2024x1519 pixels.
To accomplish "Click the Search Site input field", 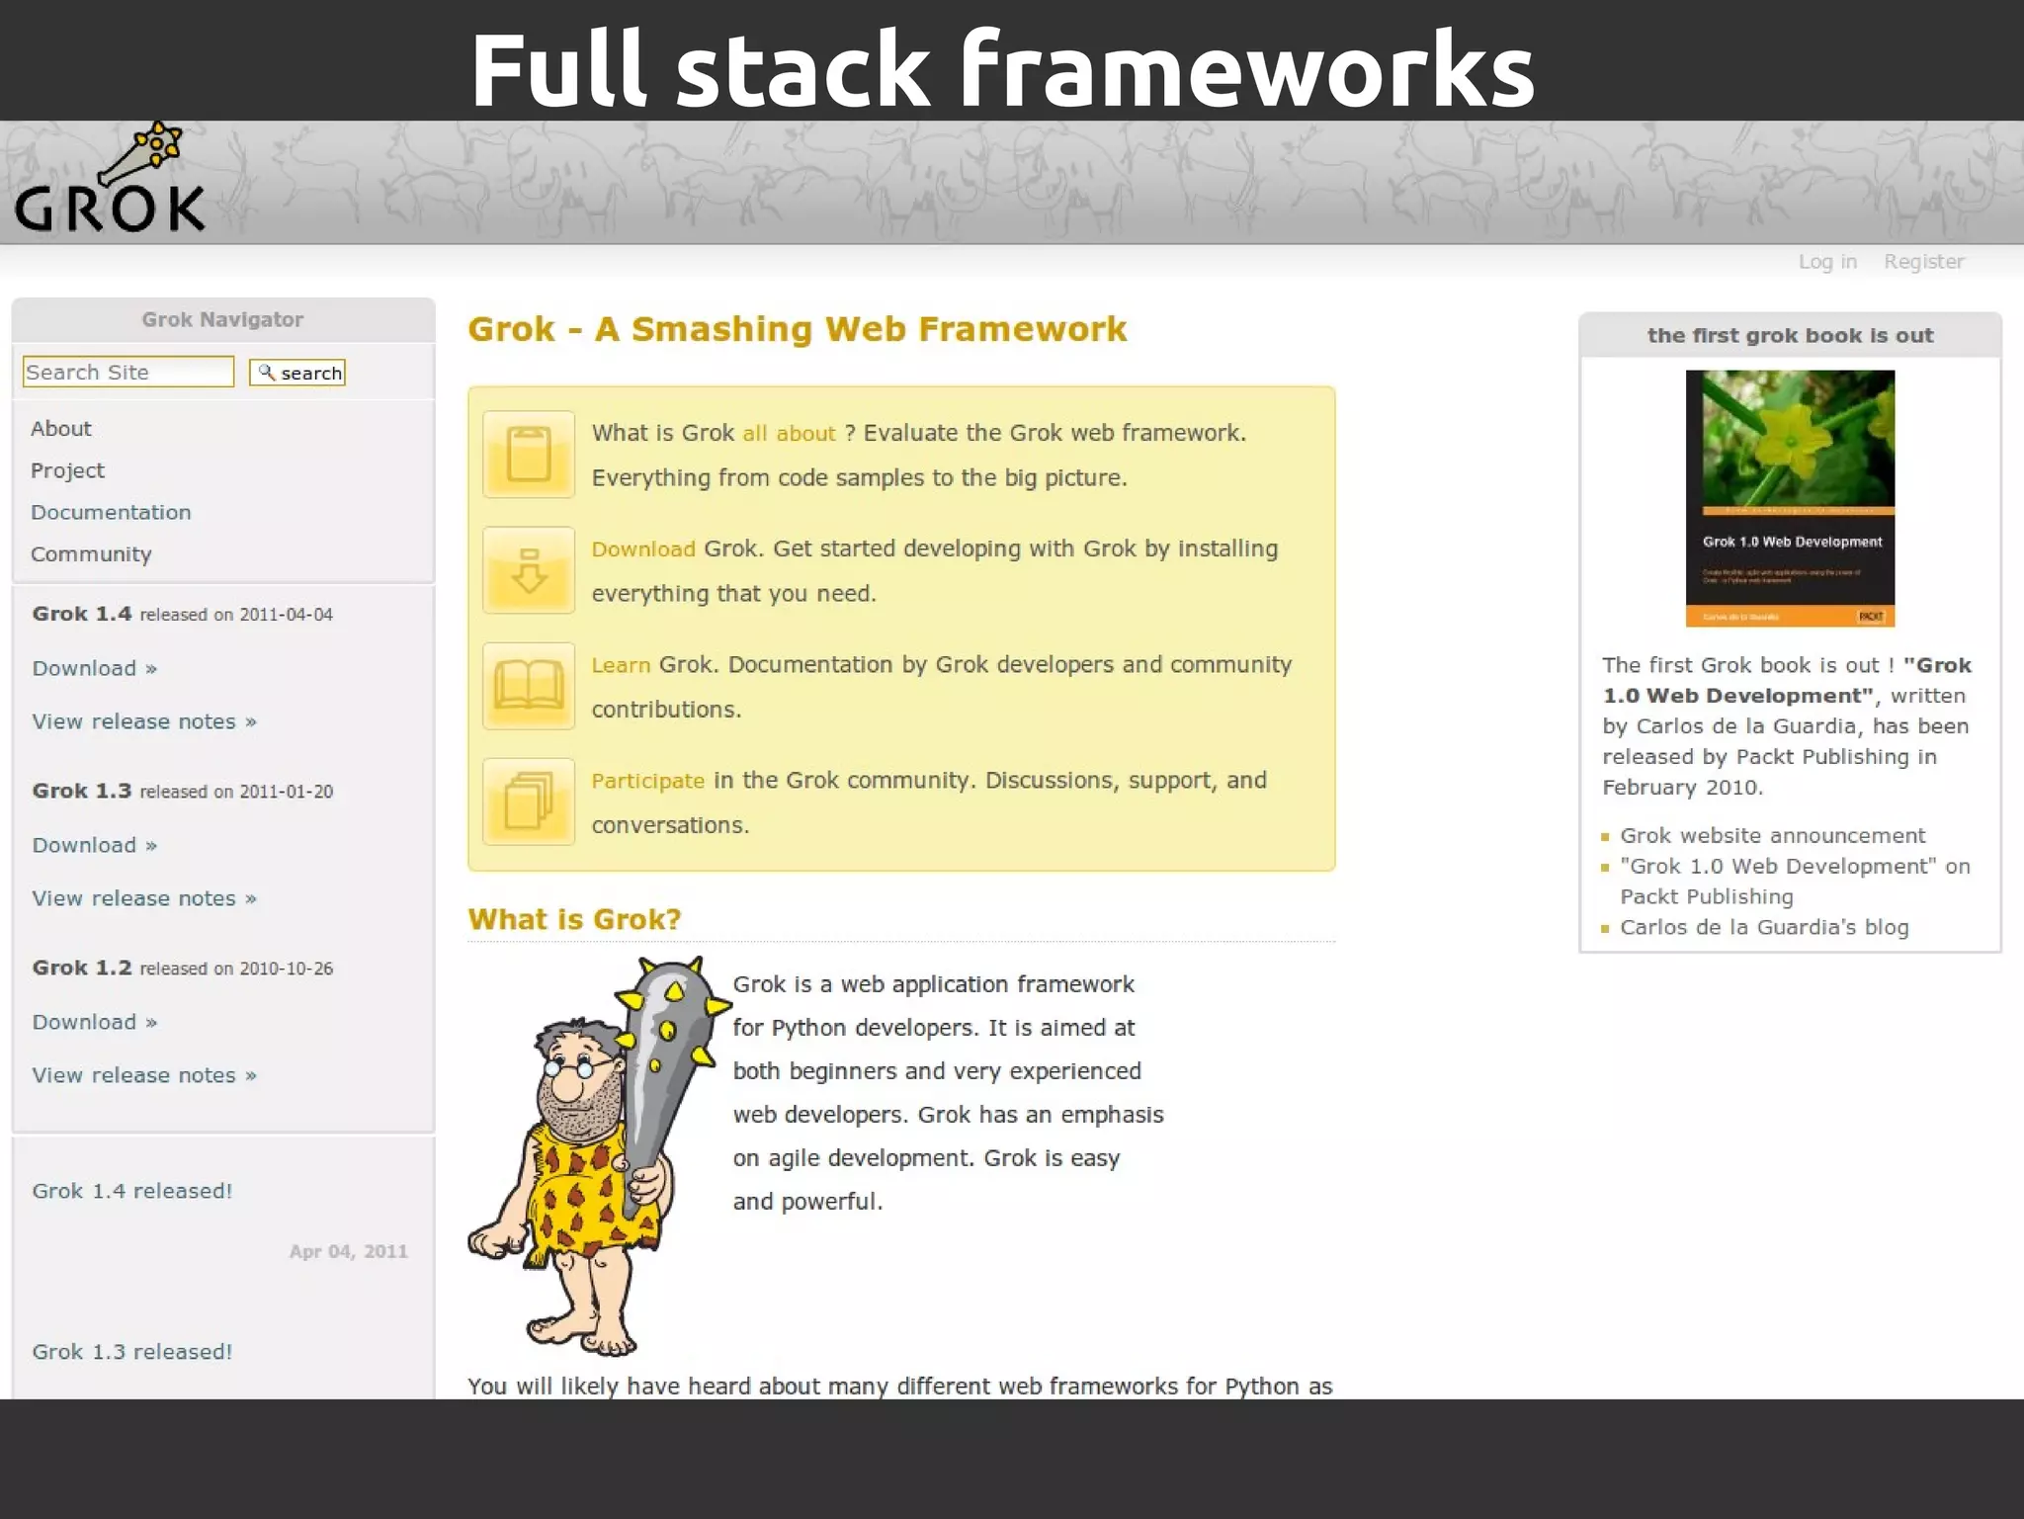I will coord(127,373).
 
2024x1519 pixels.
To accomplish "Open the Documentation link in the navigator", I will coord(111,512).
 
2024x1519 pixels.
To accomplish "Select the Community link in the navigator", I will coord(91,554).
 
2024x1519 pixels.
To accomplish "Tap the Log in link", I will coord(1827,262).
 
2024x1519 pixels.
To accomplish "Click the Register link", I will coord(1923,262).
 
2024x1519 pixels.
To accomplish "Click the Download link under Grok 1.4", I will coord(94,668).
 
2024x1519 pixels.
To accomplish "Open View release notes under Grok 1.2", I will coord(143,1075).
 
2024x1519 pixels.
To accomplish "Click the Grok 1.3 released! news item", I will coord(132,1352).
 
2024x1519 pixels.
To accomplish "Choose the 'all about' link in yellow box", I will coord(789,433).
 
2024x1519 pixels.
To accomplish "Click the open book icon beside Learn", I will coord(529,686).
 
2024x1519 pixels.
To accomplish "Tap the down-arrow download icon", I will coord(529,570).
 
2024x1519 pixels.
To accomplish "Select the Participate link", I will coord(647,781).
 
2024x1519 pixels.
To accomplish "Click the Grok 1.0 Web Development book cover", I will coord(1790,498).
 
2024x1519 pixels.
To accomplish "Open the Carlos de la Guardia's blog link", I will coord(1764,927).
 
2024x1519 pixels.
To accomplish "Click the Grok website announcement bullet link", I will coord(1772,836).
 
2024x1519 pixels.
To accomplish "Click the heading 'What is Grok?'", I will coord(574,919).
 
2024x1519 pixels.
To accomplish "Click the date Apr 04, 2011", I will coord(348,1251).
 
